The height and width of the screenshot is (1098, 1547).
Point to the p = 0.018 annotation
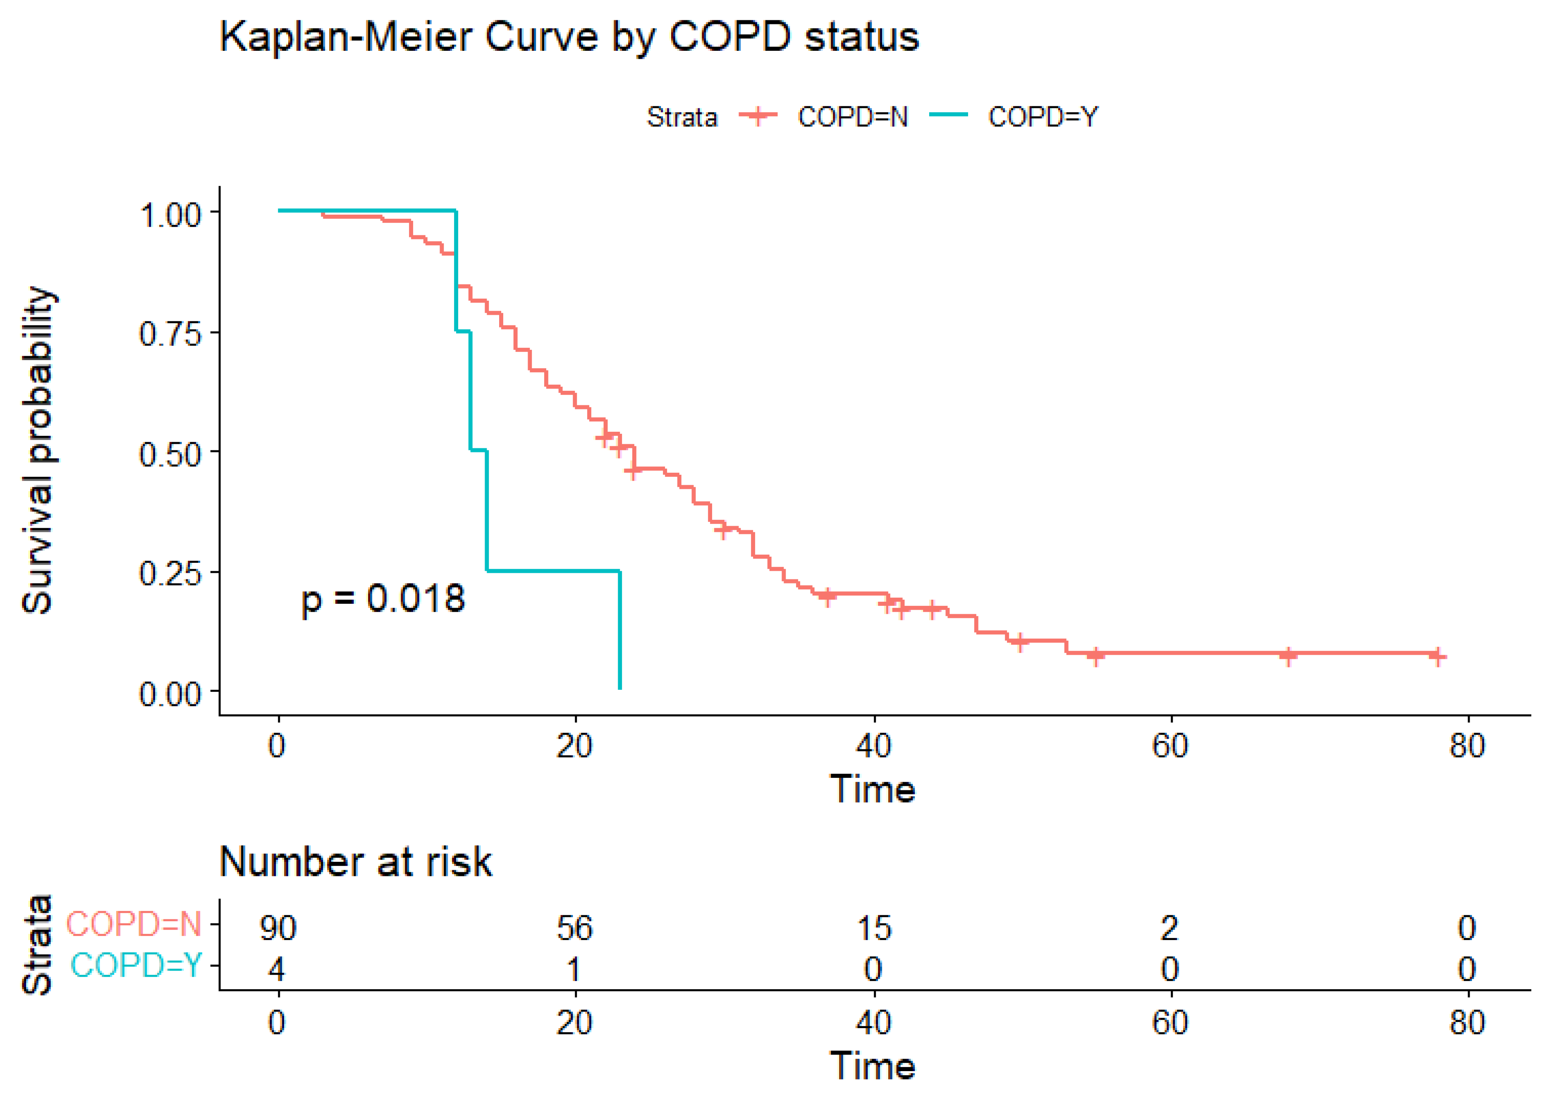point(383,599)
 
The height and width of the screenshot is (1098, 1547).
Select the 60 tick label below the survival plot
point(1170,746)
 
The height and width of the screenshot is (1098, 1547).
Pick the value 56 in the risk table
point(575,928)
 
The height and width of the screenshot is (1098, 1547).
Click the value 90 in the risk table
point(278,928)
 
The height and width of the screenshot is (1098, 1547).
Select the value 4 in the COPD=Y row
point(277,969)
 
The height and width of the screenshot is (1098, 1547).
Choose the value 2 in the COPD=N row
point(1170,928)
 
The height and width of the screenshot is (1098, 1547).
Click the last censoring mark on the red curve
point(1437,656)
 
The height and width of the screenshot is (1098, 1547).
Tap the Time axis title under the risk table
point(872,1066)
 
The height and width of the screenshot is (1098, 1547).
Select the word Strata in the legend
point(681,117)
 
